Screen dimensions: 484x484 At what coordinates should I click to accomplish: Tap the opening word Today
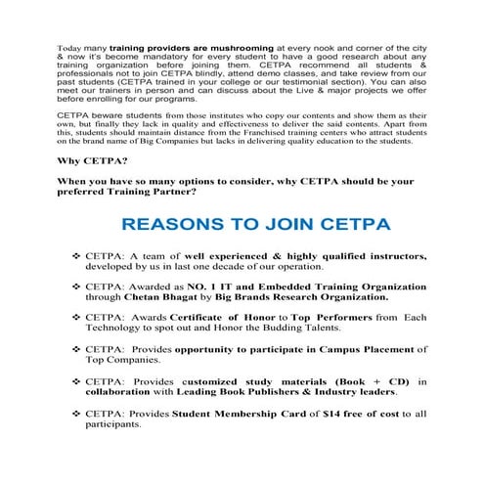70,46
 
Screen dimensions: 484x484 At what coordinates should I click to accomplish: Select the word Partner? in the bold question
197,191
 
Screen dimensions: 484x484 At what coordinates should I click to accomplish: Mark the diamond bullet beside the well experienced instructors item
76,255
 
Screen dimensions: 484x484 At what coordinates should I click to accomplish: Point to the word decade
223,266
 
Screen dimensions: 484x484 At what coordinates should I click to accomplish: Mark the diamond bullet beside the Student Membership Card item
76,415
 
